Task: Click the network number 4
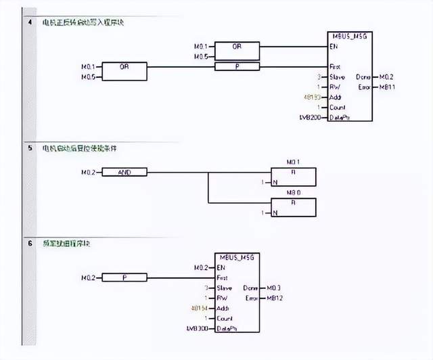[29, 23]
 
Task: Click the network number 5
[29, 148]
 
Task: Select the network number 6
[29, 242]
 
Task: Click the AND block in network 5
[124, 173]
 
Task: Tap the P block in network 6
[124, 277]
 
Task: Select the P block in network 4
[237, 67]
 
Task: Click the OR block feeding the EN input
[237, 47]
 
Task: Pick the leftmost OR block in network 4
[124, 67]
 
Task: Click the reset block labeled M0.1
[293, 175]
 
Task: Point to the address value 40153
[313, 97]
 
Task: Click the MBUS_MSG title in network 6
[237, 258]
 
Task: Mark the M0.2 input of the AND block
[89, 173]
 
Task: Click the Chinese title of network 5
[74, 148]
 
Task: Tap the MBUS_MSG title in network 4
[349, 35]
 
